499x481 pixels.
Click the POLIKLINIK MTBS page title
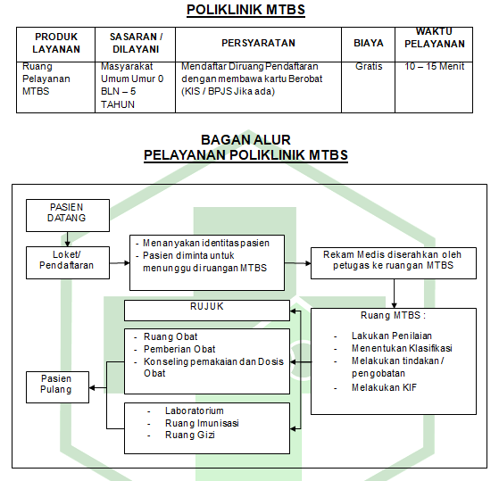click(x=245, y=10)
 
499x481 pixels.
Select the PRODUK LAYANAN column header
click(x=56, y=43)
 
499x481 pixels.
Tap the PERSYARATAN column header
click(x=258, y=43)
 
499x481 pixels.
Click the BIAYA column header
click(x=369, y=43)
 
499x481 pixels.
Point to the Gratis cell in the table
click(x=369, y=66)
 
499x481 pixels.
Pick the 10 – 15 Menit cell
click(x=435, y=66)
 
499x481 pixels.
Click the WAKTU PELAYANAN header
click(x=435, y=37)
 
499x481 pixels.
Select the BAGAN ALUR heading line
click(x=245, y=139)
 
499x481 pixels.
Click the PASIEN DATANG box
click(x=68, y=215)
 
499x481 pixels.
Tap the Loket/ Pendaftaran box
click(x=68, y=262)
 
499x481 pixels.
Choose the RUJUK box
click(x=207, y=311)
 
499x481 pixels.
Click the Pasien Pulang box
click(x=57, y=387)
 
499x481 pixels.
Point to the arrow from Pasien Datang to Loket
click(x=67, y=239)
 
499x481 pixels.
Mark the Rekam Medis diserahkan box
click(x=394, y=263)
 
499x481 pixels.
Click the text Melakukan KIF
click(x=384, y=387)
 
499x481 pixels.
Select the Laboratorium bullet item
click(x=194, y=411)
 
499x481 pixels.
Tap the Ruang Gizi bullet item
click(x=190, y=435)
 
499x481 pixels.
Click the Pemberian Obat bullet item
click(x=179, y=349)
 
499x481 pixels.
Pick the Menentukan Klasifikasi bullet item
click(x=402, y=348)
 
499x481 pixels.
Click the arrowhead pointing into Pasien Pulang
click(x=92, y=388)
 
